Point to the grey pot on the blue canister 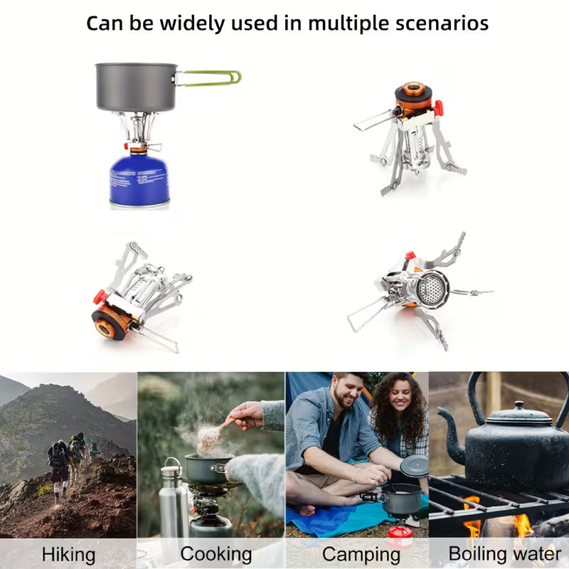coord(136,87)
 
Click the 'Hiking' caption coord(68,553)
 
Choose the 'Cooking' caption coord(216,553)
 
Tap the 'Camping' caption coord(361,553)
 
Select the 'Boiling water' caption coord(504,553)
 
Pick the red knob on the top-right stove coord(438,108)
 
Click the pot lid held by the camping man coord(414,466)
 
